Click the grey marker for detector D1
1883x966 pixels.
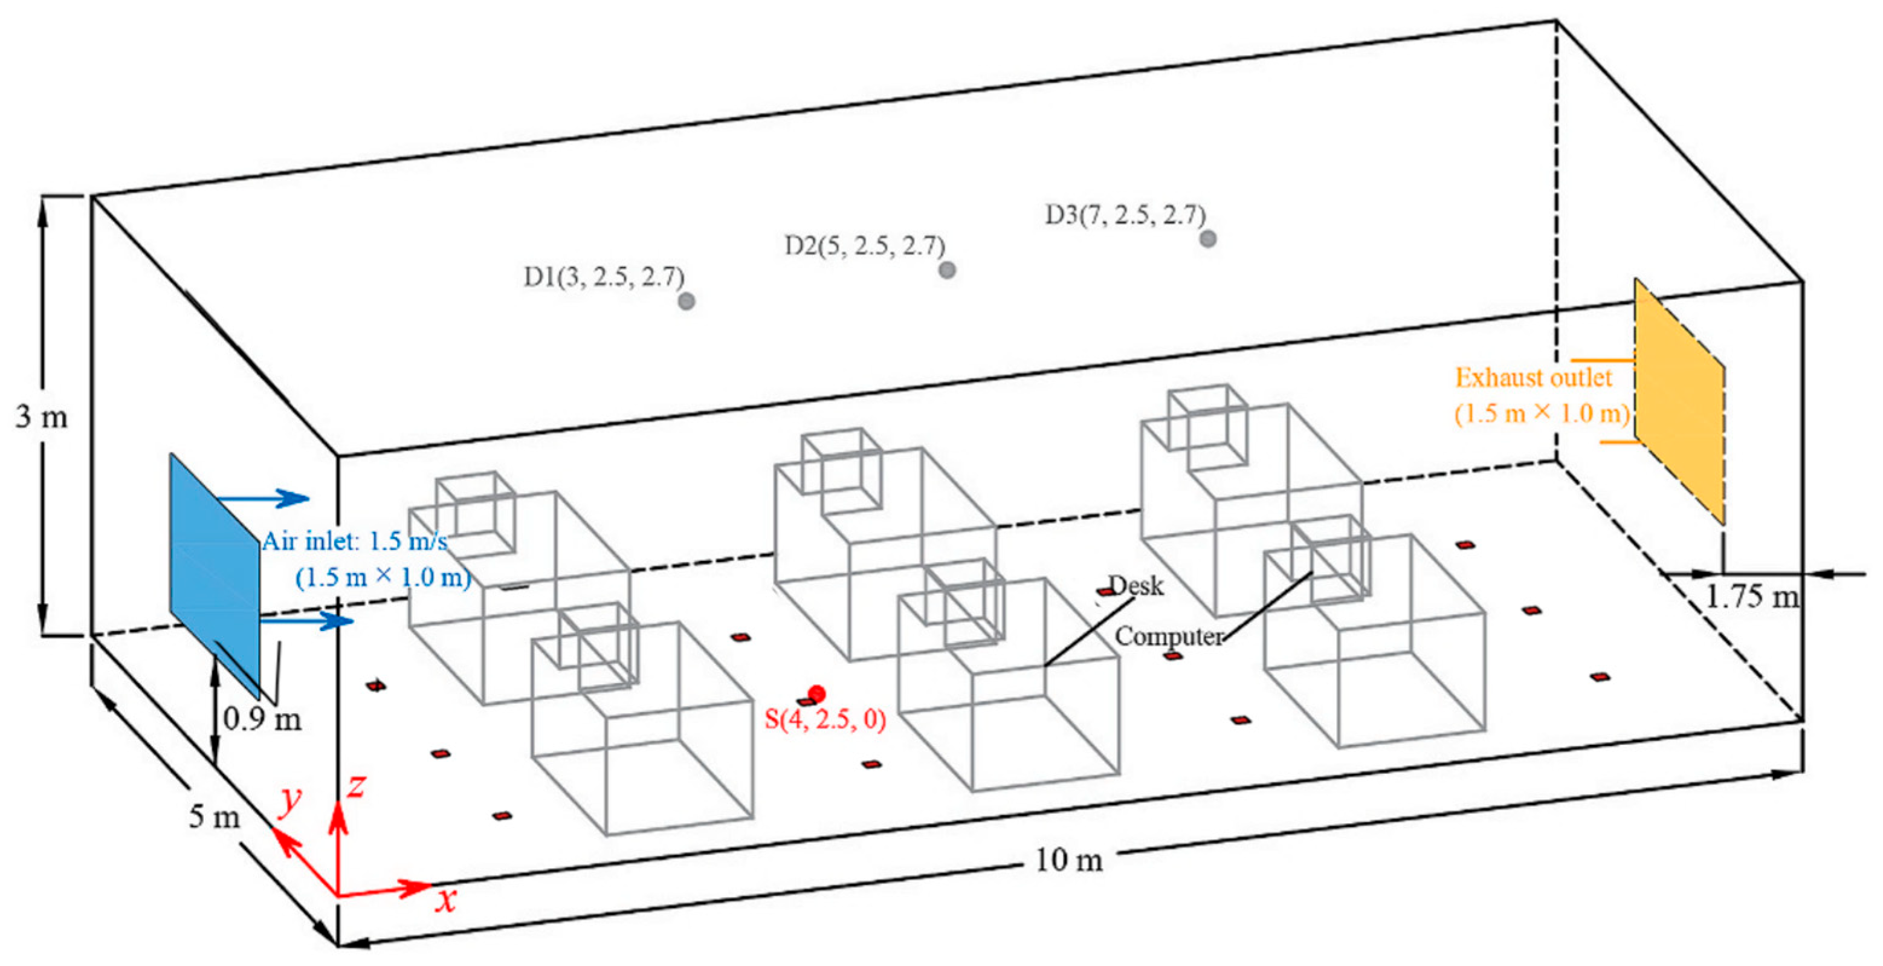click(x=686, y=300)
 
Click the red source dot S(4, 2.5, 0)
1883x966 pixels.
click(x=817, y=693)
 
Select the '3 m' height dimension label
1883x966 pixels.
click(x=42, y=417)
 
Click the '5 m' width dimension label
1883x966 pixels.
click(x=214, y=816)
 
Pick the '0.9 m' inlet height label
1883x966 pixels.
click(x=262, y=719)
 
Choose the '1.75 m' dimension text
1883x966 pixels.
click(x=1751, y=597)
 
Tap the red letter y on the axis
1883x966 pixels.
click(x=291, y=799)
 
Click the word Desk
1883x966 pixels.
click(x=1136, y=586)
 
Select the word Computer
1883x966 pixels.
click(x=1168, y=636)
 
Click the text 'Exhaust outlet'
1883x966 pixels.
click(x=1533, y=377)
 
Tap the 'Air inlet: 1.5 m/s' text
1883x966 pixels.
click(x=355, y=541)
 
